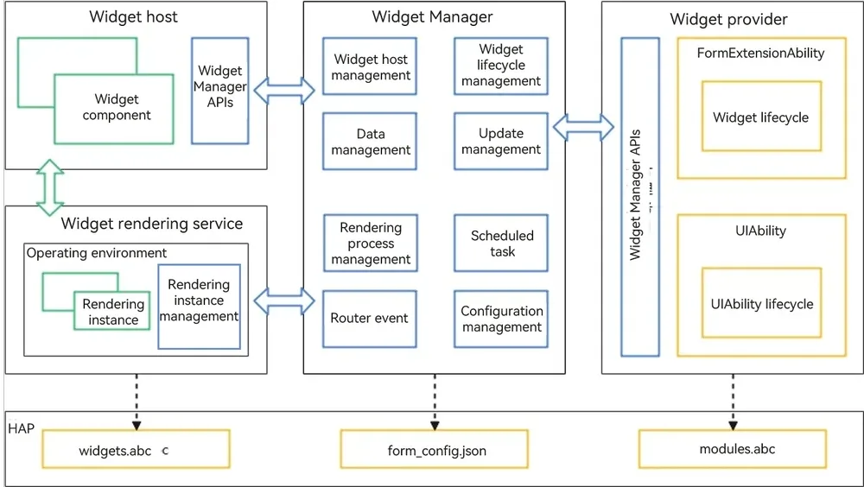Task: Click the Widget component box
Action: click(113, 109)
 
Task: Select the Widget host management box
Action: click(370, 66)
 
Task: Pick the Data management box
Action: click(370, 142)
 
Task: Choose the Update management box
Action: click(501, 141)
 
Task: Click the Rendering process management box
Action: click(371, 243)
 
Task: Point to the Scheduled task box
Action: click(501, 243)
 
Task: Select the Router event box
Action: click(370, 319)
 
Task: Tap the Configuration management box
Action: click(501, 319)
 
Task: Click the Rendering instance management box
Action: click(199, 307)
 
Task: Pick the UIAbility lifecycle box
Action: click(761, 303)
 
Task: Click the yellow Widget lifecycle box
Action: click(761, 117)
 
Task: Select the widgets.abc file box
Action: click(137, 449)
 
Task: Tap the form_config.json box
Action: click(435, 449)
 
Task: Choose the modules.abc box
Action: click(733, 449)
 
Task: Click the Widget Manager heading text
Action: click(432, 16)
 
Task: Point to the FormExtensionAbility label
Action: click(760, 53)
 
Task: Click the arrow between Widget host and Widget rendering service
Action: click(50, 187)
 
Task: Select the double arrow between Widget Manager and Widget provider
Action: click(583, 127)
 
